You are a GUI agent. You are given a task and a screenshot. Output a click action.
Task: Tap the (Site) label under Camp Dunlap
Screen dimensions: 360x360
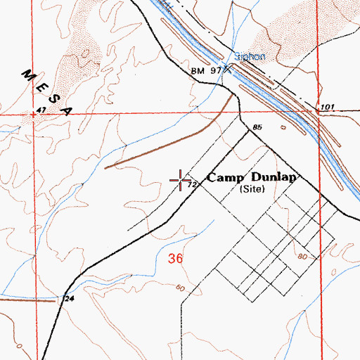pos(250,190)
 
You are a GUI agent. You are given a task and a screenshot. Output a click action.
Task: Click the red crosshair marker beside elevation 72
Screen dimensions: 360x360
pos(180,180)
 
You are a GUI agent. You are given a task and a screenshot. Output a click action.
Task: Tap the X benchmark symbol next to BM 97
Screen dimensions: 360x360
pos(226,70)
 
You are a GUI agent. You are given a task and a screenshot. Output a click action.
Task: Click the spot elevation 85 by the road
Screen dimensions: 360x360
pos(257,127)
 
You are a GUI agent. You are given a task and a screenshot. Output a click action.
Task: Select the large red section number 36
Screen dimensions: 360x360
pos(176,259)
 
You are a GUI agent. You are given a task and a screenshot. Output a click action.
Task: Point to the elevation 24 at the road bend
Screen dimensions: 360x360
pos(69,298)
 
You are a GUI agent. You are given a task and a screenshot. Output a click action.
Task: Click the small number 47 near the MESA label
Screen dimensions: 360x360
pos(41,110)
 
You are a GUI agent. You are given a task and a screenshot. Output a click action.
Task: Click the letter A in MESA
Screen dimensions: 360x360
pos(69,110)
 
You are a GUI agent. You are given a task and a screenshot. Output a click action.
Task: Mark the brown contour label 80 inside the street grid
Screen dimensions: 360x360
pos(302,257)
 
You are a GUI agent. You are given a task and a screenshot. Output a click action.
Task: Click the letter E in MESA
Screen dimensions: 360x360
pos(41,85)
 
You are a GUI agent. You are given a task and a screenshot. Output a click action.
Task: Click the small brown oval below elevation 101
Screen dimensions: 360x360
pos(283,129)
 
